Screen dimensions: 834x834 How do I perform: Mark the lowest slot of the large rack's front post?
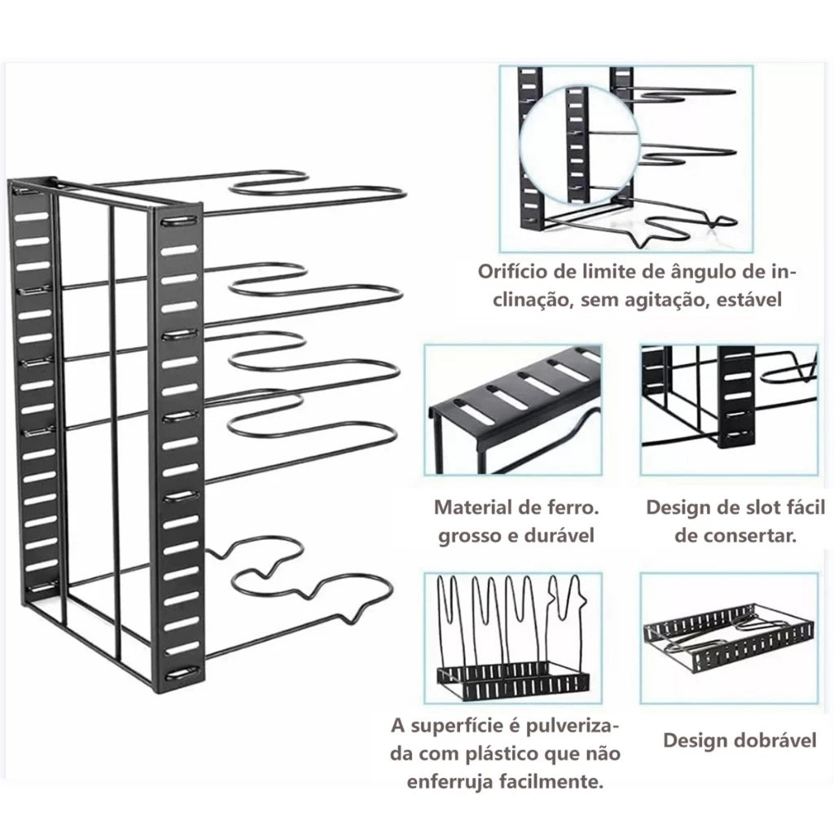(180, 673)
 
